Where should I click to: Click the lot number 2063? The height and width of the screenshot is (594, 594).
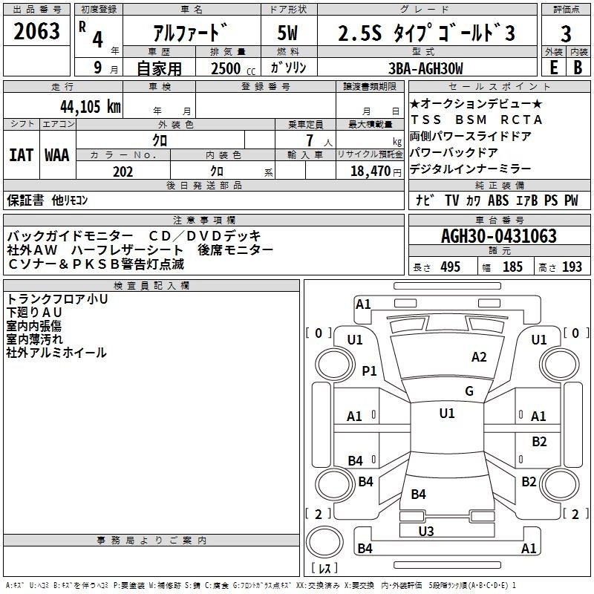[x=36, y=31]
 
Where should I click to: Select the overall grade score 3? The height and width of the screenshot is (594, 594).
[x=566, y=33]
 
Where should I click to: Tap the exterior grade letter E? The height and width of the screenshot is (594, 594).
[x=554, y=68]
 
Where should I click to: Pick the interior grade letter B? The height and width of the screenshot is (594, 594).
[x=578, y=68]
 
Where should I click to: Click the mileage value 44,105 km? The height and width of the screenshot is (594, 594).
[x=91, y=106]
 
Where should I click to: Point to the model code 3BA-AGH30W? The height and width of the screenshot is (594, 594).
[x=425, y=68]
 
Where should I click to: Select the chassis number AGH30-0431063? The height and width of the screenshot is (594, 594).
[x=499, y=236]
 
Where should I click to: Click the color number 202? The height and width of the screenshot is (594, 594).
[x=123, y=172]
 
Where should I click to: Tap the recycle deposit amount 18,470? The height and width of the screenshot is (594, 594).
[x=370, y=172]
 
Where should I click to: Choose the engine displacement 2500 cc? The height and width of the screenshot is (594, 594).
[x=233, y=68]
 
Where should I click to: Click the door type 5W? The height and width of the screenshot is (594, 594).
[x=287, y=33]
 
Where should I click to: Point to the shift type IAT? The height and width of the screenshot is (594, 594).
[x=22, y=155]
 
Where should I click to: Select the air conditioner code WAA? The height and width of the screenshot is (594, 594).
[x=57, y=155]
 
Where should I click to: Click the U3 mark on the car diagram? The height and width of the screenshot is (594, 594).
[x=426, y=531]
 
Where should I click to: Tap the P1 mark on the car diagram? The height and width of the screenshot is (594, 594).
[x=369, y=371]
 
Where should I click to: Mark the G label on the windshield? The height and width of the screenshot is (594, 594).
[x=469, y=391]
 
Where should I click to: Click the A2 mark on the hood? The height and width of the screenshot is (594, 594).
[x=479, y=357]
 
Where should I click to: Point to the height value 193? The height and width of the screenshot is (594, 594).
[x=572, y=267]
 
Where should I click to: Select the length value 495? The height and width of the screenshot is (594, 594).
[x=451, y=267]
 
